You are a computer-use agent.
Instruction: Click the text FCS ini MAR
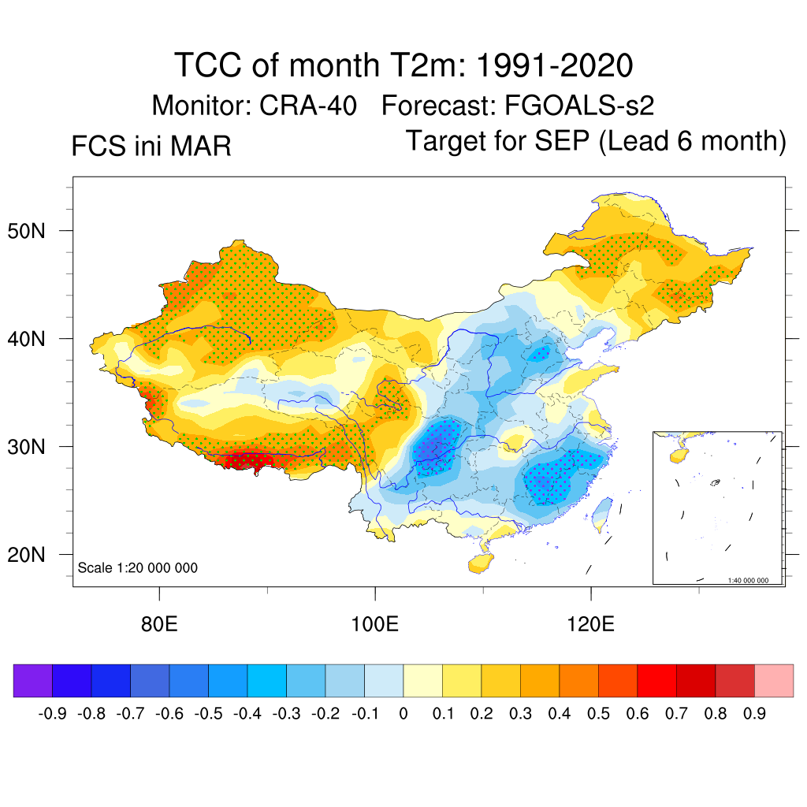(x=151, y=147)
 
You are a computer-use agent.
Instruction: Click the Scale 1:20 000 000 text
(x=138, y=568)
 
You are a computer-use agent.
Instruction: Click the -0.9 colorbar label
(x=52, y=714)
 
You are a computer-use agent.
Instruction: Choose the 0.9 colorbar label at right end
(x=755, y=714)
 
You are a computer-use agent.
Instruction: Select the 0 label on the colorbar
(x=403, y=714)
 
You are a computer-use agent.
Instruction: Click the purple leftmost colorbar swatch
(x=33, y=681)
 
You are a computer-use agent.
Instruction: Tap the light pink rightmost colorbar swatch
(x=774, y=681)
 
